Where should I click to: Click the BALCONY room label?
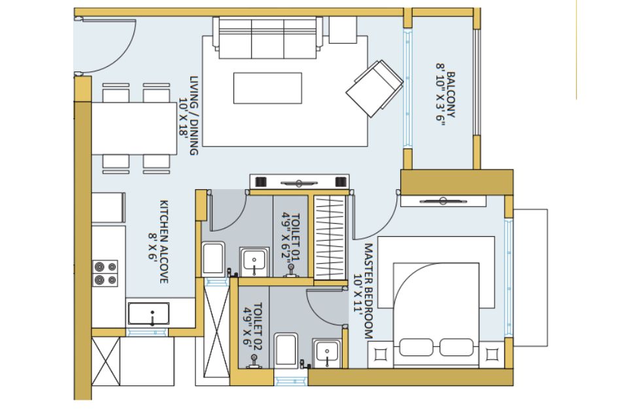point(451,95)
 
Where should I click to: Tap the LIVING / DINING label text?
point(194,116)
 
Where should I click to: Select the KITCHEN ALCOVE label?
point(164,242)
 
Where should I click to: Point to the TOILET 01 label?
point(296,238)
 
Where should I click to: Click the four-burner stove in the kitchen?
point(105,273)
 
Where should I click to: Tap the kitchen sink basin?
point(148,313)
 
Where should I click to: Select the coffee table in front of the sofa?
point(268,88)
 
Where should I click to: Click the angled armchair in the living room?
point(374,88)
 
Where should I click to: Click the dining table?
point(135,128)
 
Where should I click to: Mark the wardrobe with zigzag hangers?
point(330,238)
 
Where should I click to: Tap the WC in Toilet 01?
point(213,259)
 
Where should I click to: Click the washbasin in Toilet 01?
point(254,261)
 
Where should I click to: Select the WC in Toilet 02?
point(287,350)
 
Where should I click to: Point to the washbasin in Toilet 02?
point(327,353)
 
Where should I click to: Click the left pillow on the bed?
point(417,347)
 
